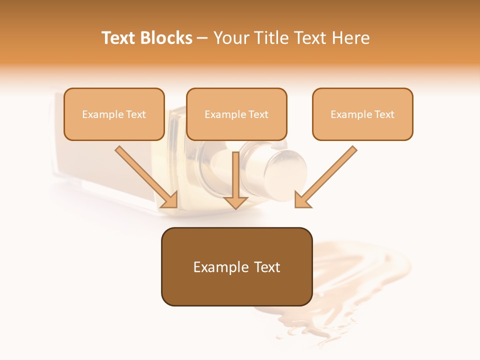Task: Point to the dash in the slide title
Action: pos(202,38)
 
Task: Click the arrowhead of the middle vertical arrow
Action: pos(235,202)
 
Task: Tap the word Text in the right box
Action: pos(384,114)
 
